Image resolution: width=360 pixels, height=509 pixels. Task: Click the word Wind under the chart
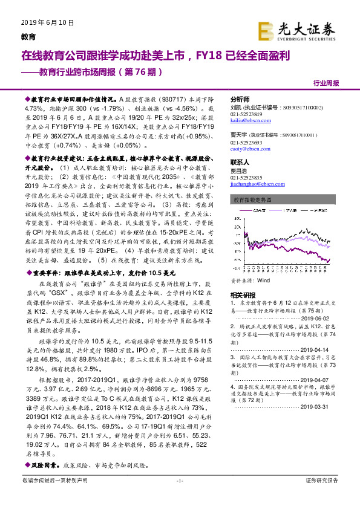point(263,281)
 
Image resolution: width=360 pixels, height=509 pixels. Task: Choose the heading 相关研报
point(241,294)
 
